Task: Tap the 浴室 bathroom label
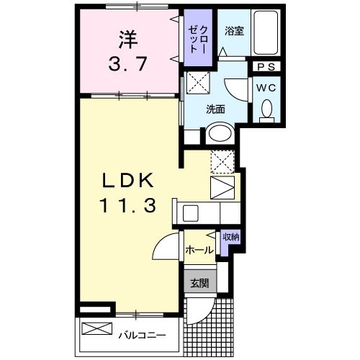point(232,32)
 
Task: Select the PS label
point(264,66)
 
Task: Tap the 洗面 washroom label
point(215,109)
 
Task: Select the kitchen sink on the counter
point(190,213)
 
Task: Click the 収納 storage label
point(230,238)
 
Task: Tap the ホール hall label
point(199,251)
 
